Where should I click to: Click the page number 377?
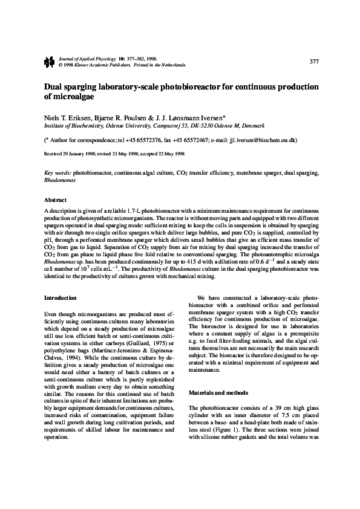[314, 62]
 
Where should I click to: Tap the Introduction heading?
[61, 298]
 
